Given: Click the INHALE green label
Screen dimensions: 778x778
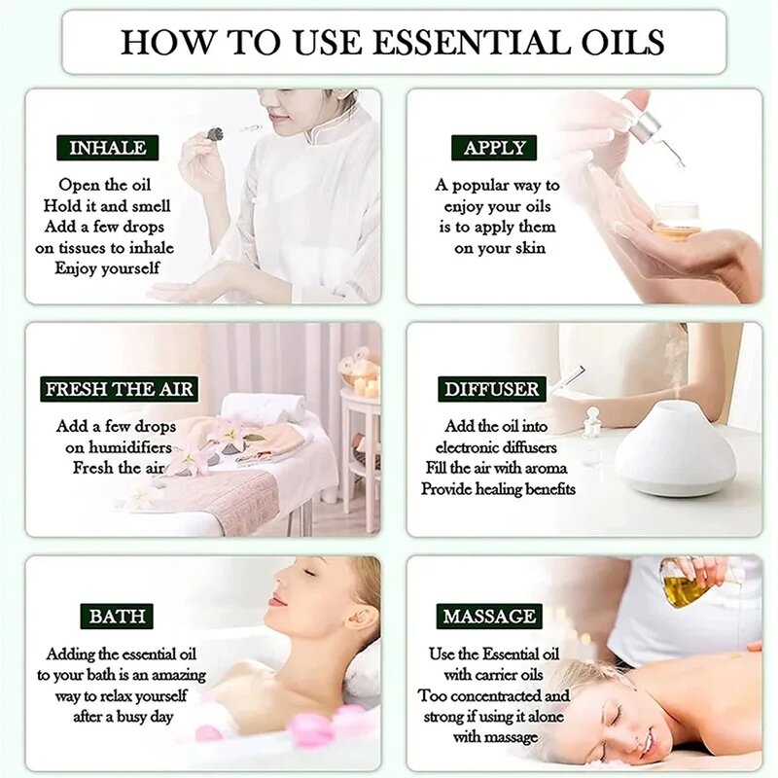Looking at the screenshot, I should coord(108,148).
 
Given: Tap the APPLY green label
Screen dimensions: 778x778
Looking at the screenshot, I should coord(494,148).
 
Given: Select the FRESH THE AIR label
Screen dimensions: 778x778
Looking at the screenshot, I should coord(121,389).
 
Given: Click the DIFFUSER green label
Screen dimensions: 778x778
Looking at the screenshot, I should coord(491,389).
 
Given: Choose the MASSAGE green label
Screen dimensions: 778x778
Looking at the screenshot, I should coord(488,616).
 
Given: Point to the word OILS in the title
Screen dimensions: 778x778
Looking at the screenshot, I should coord(622,42).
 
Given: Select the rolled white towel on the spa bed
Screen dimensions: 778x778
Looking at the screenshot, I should coord(261,407).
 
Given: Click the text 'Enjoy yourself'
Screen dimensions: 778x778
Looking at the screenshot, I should coord(107,267).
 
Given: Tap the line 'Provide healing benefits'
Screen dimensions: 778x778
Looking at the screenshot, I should coord(498,489).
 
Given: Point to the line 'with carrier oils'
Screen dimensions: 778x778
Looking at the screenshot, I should coord(493,675).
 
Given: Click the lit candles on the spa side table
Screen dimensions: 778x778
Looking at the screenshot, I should coord(365,385).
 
